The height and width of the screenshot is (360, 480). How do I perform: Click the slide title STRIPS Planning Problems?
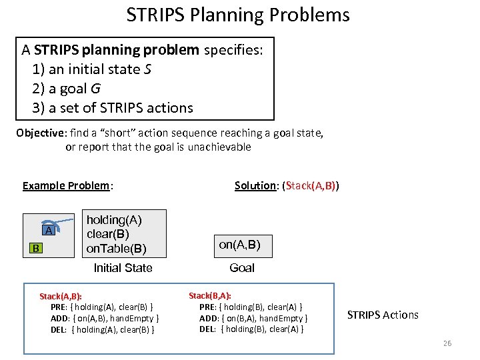pos(238,15)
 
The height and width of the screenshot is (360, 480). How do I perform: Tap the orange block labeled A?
pos(48,230)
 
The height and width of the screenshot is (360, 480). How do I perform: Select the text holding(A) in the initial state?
pos(114,219)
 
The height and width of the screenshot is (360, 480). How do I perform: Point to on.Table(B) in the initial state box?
pos(117,249)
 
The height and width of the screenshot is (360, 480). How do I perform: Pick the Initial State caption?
pos(123,268)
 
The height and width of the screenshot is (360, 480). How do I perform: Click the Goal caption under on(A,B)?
pos(241,268)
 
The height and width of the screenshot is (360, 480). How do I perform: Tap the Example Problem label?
pos(66,186)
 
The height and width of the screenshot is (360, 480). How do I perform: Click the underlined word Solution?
pos(255,186)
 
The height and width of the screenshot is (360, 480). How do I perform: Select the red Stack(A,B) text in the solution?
pos(311,186)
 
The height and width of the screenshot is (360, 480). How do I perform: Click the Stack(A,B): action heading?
pos(65,296)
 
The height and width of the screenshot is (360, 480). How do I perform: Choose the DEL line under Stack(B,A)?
pos(251,329)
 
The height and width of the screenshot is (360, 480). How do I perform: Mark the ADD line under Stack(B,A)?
pos(253,318)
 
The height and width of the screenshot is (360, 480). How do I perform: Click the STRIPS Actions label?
pos(383,315)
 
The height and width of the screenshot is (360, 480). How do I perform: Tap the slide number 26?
pos(446,343)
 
